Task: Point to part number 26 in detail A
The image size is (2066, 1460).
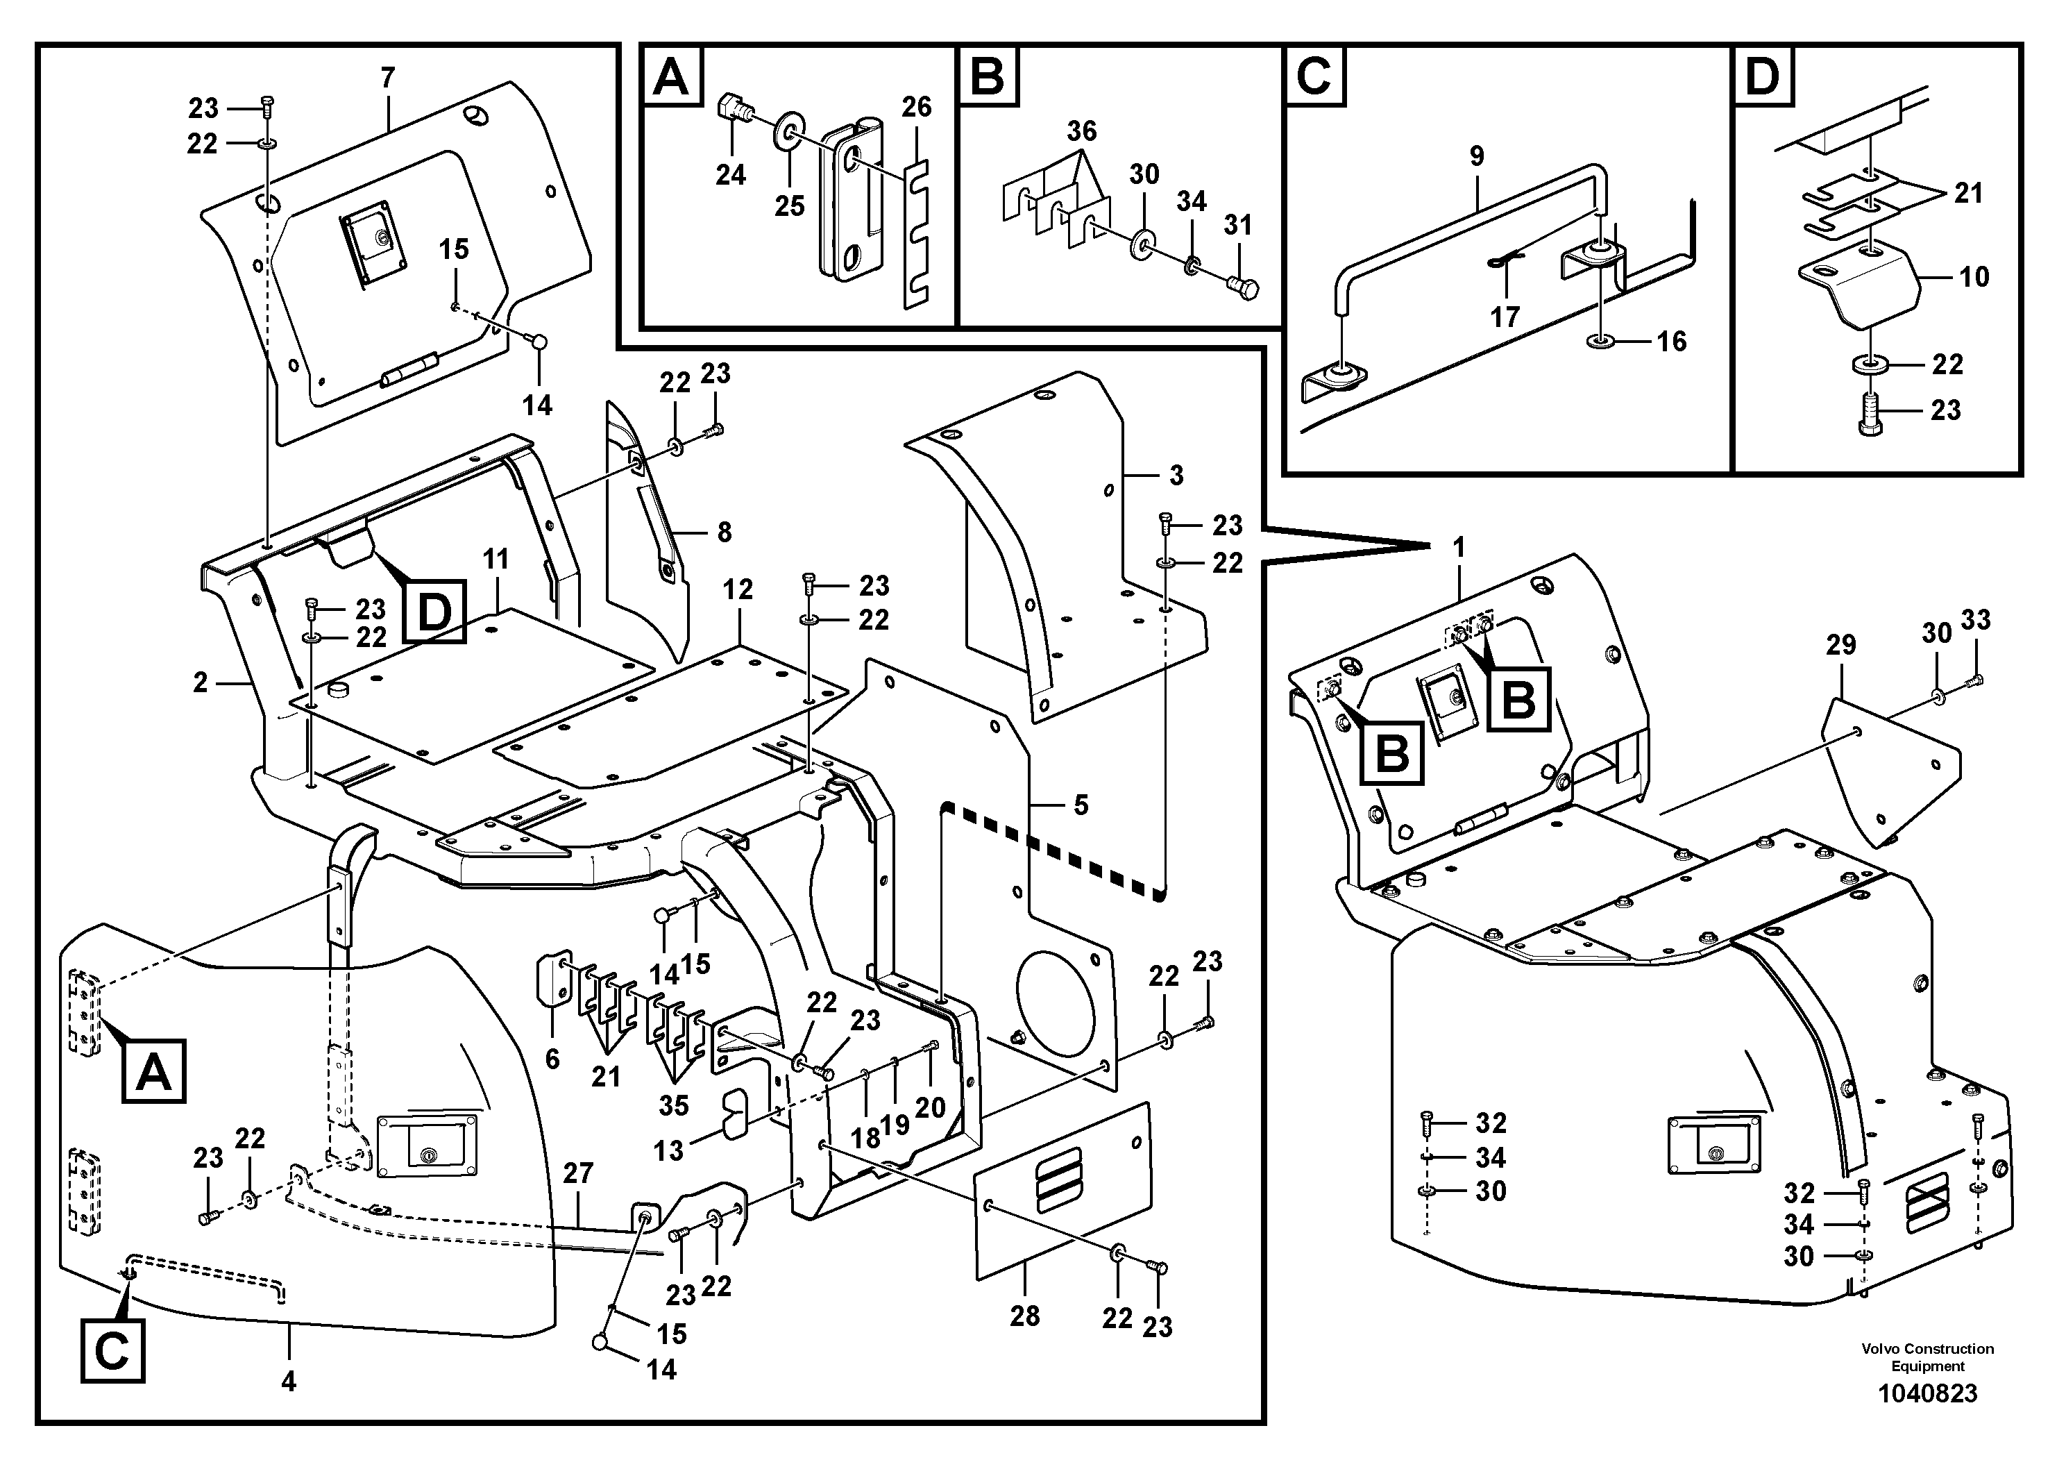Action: pyautogui.click(x=916, y=107)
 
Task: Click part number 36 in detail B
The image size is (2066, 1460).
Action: pyautogui.click(x=1082, y=131)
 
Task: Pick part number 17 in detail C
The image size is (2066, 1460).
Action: pyautogui.click(x=1505, y=316)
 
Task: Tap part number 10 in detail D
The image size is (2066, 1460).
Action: pyautogui.click(x=1973, y=276)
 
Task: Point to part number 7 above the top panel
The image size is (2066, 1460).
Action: pyautogui.click(x=387, y=78)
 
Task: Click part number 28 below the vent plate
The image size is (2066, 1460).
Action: pyautogui.click(x=1025, y=1316)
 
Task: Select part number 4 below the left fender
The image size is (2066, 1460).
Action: pyautogui.click(x=288, y=1381)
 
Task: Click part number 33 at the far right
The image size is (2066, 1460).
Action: pyautogui.click(x=1976, y=619)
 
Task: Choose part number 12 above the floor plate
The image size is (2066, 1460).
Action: pyautogui.click(x=738, y=589)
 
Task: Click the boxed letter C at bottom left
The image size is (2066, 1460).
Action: pyautogui.click(x=112, y=1351)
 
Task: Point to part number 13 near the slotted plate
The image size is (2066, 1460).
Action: pyautogui.click(x=668, y=1150)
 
